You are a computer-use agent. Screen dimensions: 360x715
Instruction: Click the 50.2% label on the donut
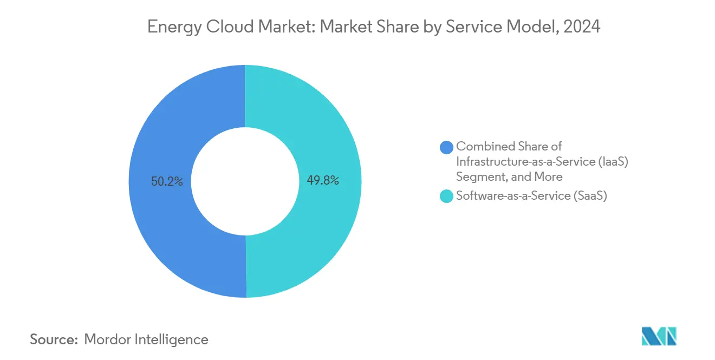click(x=167, y=182)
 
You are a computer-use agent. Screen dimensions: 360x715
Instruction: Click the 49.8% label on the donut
click(x=323, y=181)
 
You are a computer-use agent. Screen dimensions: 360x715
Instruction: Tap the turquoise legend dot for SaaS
click(x=446, y=197)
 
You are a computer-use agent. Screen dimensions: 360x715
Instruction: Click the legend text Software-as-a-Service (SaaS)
click(x=531, y=197)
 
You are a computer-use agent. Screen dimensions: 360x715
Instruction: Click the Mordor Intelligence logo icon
click(x=659, y=336)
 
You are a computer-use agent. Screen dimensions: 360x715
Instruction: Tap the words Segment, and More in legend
click(x=509, y=177)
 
